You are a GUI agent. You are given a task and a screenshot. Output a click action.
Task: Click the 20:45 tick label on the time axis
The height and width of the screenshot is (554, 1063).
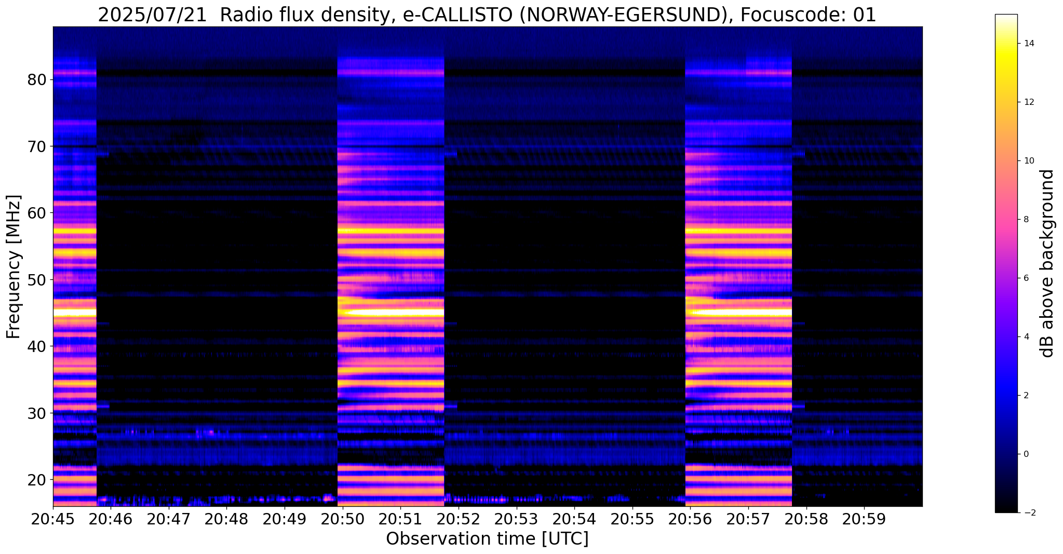(53, 519)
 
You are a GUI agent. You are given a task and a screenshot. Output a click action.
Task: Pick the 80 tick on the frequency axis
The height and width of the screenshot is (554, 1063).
(37, 80)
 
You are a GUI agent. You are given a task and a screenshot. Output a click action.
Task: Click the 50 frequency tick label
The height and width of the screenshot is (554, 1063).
(37, 280)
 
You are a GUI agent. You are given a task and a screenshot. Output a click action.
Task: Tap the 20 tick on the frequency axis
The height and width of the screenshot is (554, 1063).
(37, 480)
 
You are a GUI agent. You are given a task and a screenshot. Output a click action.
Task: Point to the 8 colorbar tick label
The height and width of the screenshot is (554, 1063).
(1026, 220)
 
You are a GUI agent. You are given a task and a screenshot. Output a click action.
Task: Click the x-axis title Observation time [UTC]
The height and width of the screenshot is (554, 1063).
(487, 539)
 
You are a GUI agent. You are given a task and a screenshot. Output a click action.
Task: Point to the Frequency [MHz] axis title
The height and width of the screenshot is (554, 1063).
(14, 267)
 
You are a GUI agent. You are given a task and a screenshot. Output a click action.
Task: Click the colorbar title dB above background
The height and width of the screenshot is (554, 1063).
(1048, 263)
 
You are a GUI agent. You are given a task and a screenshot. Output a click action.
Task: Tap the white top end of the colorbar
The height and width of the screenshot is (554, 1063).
(1006, 19)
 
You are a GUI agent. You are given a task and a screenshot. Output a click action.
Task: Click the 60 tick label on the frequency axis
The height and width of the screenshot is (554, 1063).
(37, 213)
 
